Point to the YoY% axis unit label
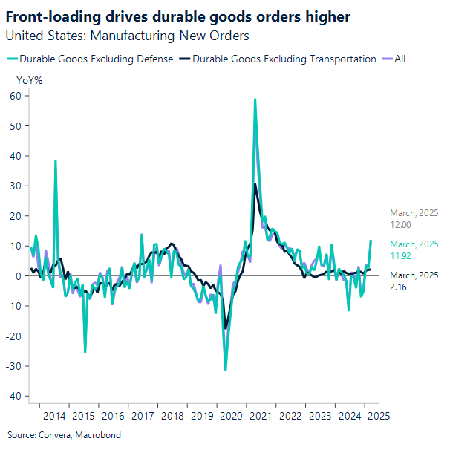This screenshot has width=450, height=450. click(x=29, y=79)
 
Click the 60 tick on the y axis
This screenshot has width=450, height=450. click(x=15, y=96)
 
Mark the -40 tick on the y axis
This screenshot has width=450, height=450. click(x=13, y=396)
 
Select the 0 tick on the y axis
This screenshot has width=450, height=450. click(x=17, y=275)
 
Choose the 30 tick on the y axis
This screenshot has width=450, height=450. click(x=15, y=186)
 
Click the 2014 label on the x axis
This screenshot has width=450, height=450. click(x=54, y=417)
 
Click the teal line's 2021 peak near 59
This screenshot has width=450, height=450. click(x=255, y=100)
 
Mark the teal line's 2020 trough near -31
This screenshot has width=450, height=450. click(x=226, y=370)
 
